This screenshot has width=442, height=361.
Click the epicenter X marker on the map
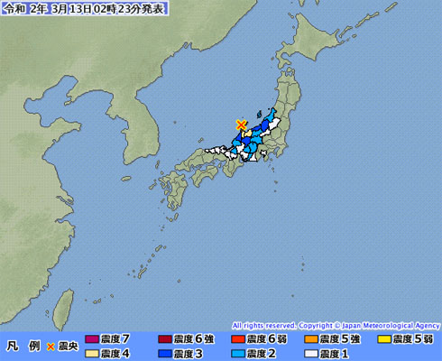pos(241,125)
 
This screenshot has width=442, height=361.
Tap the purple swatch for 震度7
pos(90,339)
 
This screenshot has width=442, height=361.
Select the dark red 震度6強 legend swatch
pos(163,339)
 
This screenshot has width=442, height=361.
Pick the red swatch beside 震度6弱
pos(237,339)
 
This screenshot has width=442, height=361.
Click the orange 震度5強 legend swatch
pos(310,339)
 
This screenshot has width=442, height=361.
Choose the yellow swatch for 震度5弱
pos(384,339)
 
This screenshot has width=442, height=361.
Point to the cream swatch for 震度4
pos(90,353)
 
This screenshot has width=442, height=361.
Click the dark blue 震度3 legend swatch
pos(163,353)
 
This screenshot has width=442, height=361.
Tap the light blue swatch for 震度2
pos(237,353)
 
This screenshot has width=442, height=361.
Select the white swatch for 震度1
pos(310,353)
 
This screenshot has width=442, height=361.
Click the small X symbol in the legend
pos(51,347)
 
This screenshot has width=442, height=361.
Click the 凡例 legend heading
pos(21,347)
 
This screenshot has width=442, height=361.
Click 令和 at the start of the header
pos(13,8)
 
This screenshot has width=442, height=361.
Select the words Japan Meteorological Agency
pos(389,325)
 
